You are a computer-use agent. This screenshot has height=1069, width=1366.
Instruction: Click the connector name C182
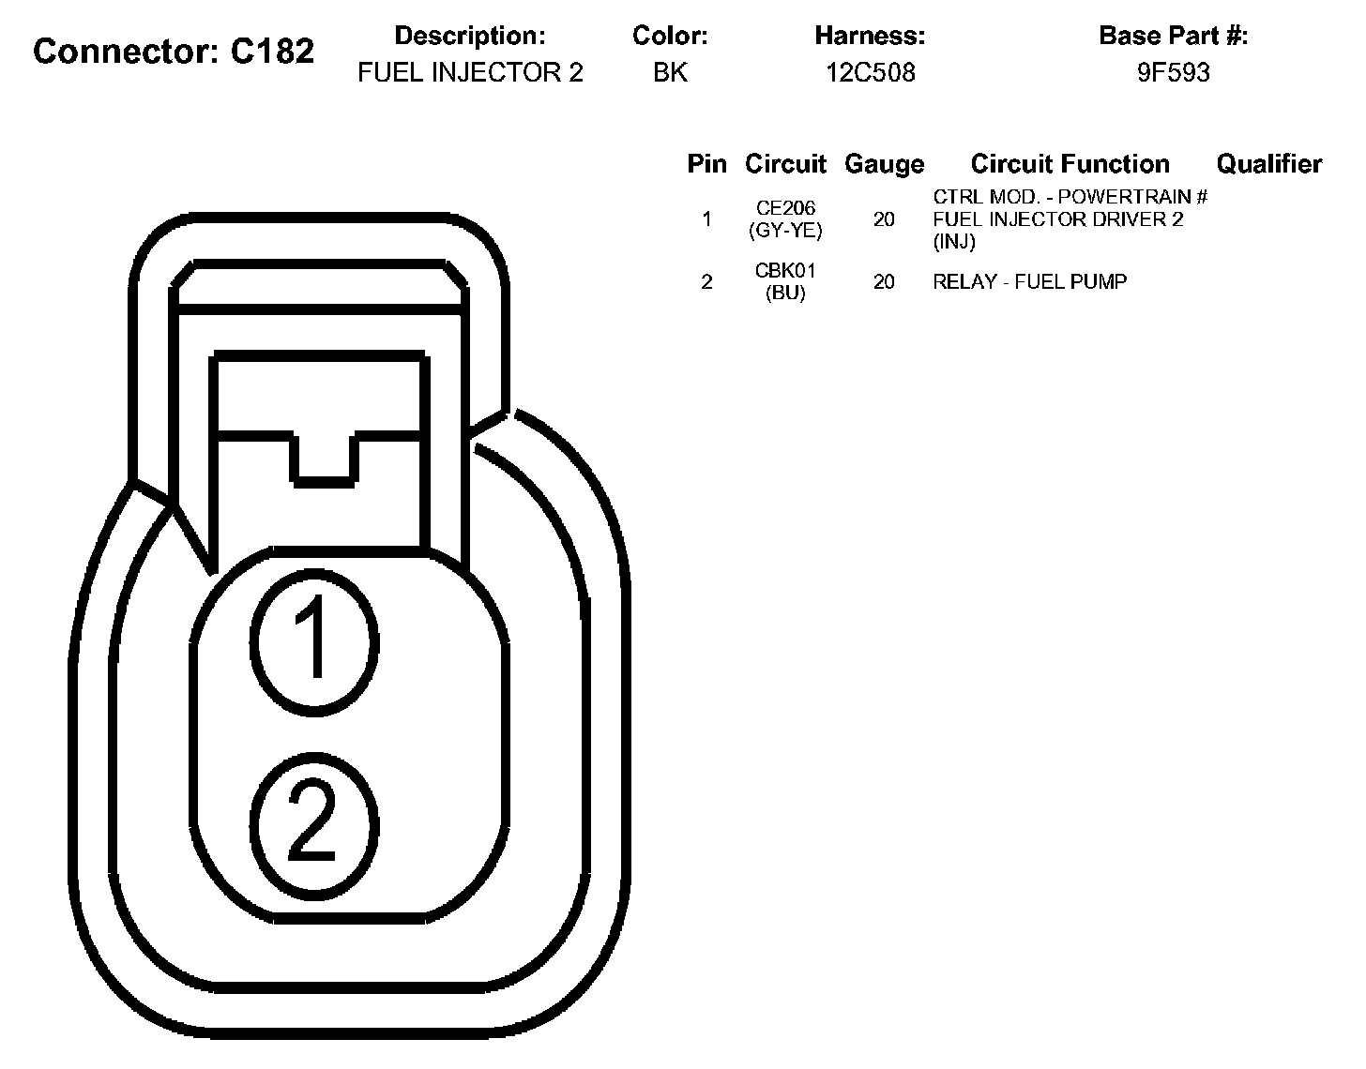(x=272, y=51)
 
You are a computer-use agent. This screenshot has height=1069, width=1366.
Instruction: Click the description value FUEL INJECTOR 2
(x=470, y=73)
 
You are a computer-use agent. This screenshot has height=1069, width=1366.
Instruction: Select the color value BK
(x=670, y=73)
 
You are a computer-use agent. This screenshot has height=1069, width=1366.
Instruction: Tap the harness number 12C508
(x=870, y=73)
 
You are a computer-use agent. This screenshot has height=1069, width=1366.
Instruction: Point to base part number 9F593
(x=1173, y=73)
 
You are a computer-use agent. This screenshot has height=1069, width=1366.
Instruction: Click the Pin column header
(x=706, y=164)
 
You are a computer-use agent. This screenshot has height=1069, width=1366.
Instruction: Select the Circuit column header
(x=785, y=164)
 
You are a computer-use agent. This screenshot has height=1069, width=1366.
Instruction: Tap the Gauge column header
(x=884, y=164)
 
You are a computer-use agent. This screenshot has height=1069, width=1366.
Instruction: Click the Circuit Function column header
(x=1070, y=164)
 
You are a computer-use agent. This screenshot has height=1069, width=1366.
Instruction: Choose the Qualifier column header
(x=1269, y=164)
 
